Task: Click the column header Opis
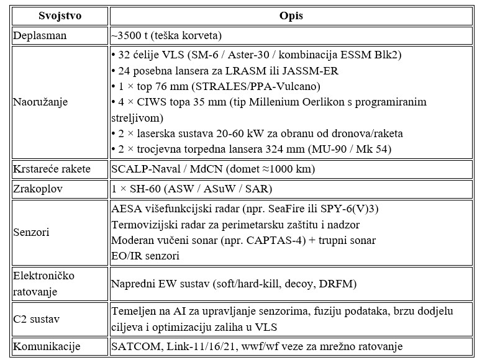(290, 15)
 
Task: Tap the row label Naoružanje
(41, 101)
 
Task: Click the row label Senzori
(33, 232)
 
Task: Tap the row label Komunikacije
(48, 346)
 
